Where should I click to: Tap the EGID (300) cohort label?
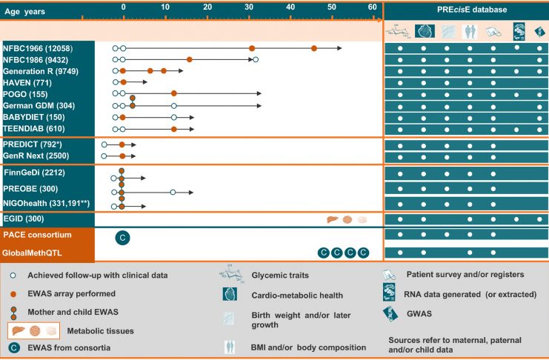click(x=25, y=220)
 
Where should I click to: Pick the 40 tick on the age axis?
click(x=290, y=7)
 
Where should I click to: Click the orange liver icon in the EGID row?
click(x=334, y=219)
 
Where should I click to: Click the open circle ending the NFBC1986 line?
click(x=256, y=59)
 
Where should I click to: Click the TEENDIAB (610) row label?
click(x=34, y=129)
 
